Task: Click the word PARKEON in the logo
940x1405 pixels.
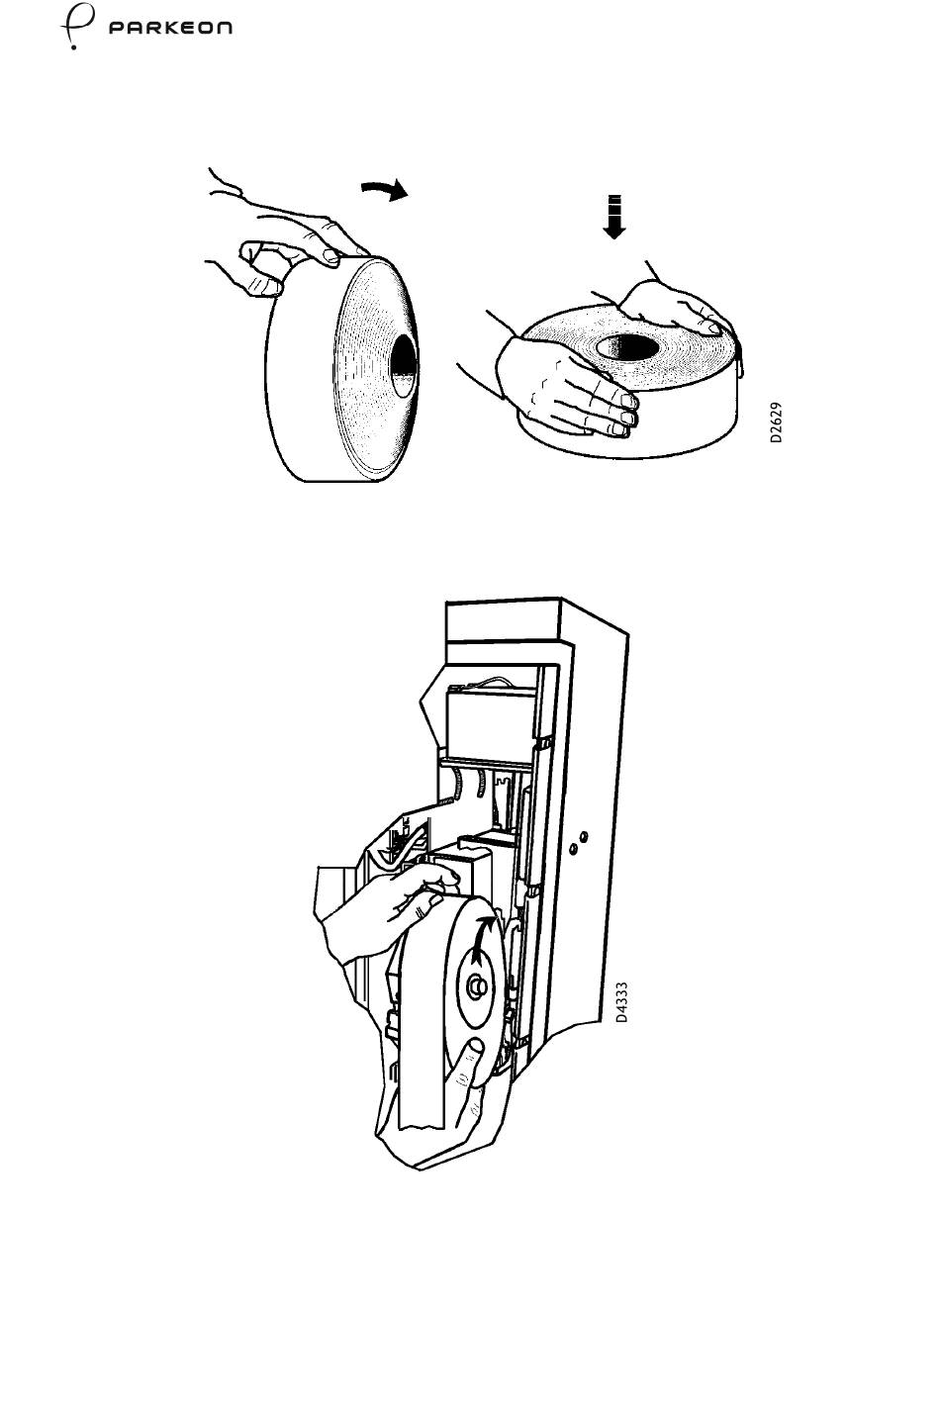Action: tap(170, 28)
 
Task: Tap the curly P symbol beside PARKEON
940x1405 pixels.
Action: tap(76, 25)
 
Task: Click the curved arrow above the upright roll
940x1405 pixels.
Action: tap(385, 189)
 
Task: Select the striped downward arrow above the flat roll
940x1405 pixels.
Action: tap(614, 217)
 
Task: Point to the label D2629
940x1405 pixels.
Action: tap(777, 422)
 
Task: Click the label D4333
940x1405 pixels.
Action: tap(620, 1002)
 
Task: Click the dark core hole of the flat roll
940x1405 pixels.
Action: tap(626, 348)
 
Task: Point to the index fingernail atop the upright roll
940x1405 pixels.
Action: tap(329, 254)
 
